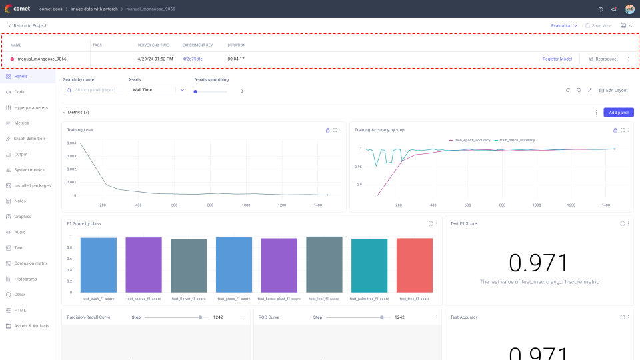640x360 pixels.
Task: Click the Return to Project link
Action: (29, 25)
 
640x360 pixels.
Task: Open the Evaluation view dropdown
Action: (564, 25)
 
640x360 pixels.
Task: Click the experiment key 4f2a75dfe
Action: (193, 59)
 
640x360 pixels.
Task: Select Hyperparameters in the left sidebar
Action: (31, 107)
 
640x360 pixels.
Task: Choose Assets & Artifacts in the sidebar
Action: (31, 326)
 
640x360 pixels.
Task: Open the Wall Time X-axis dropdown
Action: (159, 90)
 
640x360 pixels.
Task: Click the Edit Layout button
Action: (613, 90)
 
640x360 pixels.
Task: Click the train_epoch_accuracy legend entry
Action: (471, 140)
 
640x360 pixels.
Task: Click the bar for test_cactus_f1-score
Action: (143, 265)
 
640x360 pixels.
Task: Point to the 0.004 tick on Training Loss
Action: (71, 143)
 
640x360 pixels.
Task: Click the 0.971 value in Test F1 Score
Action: (539, 263)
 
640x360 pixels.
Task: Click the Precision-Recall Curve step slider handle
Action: (201, 317)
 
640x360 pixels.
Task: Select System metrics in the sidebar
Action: (29, 170)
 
